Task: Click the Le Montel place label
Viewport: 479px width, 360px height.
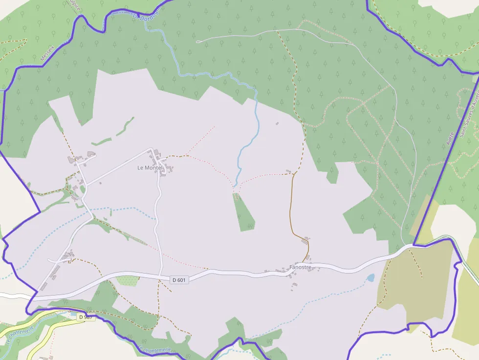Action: [149, 168]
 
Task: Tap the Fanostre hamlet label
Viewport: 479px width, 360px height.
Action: [300, 267]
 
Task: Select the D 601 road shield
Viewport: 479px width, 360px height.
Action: [179, 280]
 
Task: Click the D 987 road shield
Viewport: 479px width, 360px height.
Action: [86, 317]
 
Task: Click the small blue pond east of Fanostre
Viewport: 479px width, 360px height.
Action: [371, 278]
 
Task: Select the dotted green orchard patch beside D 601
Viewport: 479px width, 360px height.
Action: [128, 281]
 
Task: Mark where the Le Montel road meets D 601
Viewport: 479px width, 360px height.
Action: [160, 276]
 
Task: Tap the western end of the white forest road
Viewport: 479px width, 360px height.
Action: [197, 42]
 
